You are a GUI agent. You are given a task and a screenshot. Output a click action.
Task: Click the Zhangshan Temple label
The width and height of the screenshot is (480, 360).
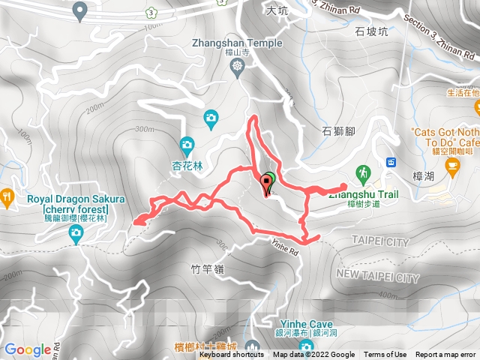click(x=238, y=43)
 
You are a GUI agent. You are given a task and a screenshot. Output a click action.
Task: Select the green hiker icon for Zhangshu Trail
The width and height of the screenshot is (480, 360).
click(x=364, y=172)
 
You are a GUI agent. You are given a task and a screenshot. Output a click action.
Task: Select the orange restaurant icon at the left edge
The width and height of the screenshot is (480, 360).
click(x=7, y=199)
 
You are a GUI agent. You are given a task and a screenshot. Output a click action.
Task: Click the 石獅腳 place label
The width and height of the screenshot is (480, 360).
click(x=337, y=132)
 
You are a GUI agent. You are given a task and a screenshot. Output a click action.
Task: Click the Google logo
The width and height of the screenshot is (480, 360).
click(x=27, y=349)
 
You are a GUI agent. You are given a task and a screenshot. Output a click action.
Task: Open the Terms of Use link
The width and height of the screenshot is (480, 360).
click(x=385, y=355)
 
